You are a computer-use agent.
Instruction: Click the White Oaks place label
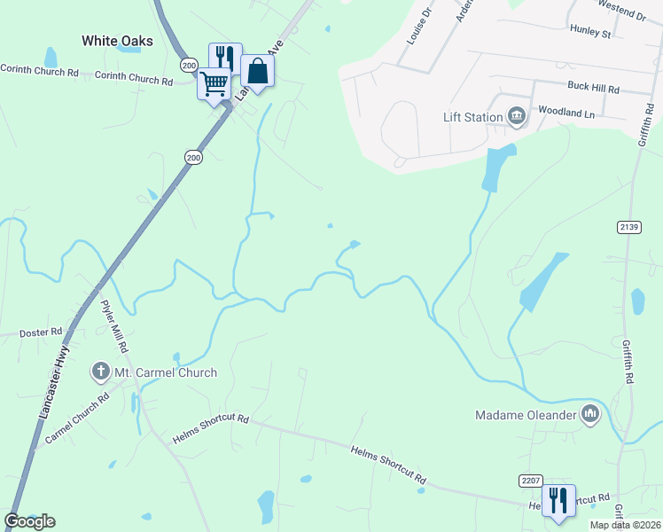point(117,41)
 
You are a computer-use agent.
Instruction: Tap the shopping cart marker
point(214,85)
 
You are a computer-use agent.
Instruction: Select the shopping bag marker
point(257,72)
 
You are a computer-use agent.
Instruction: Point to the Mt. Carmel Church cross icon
point(101,372)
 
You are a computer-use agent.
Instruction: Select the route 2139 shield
point(628,227)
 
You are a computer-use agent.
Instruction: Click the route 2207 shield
point(530,480)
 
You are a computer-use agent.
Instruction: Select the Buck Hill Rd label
point(593,88)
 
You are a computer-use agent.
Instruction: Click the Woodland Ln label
point(566,113)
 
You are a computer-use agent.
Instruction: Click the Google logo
point(29,521)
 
